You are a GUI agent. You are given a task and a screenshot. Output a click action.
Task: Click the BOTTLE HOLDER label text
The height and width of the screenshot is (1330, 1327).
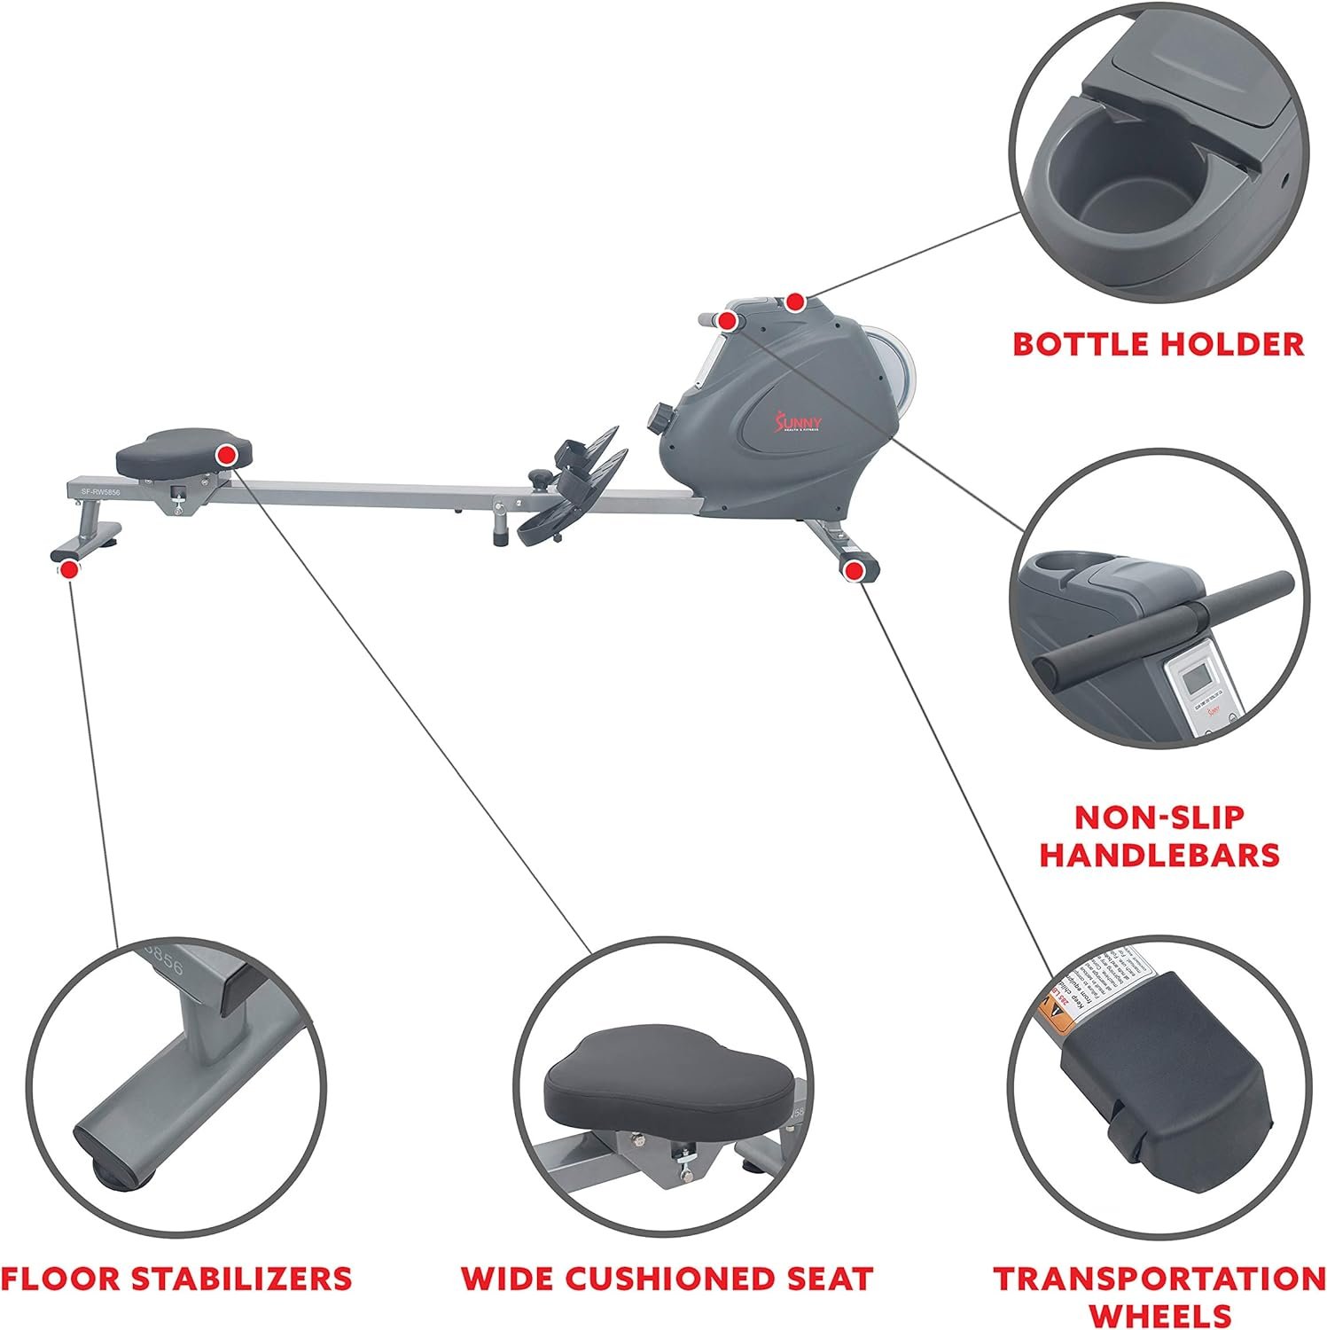(x=1158, y=344)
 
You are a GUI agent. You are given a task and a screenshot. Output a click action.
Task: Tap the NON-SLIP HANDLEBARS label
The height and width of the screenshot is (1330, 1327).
(x=1159, y=835)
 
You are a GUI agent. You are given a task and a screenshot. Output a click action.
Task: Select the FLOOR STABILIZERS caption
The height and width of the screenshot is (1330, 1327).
(x=176, y=1278)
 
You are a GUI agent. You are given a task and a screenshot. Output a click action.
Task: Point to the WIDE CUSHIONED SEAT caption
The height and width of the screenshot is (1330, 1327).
(x=667, y=1278)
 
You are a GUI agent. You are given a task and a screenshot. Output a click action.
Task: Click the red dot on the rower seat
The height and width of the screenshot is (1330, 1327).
(x=226, y=456)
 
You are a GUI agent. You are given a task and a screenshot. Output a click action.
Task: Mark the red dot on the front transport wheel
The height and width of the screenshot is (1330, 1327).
(x=854, y=571)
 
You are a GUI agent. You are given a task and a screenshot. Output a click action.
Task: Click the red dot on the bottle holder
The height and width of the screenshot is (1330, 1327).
(x=795, y=302)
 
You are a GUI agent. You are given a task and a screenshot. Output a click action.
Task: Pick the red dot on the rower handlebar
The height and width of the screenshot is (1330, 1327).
(x=728, y=321)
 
